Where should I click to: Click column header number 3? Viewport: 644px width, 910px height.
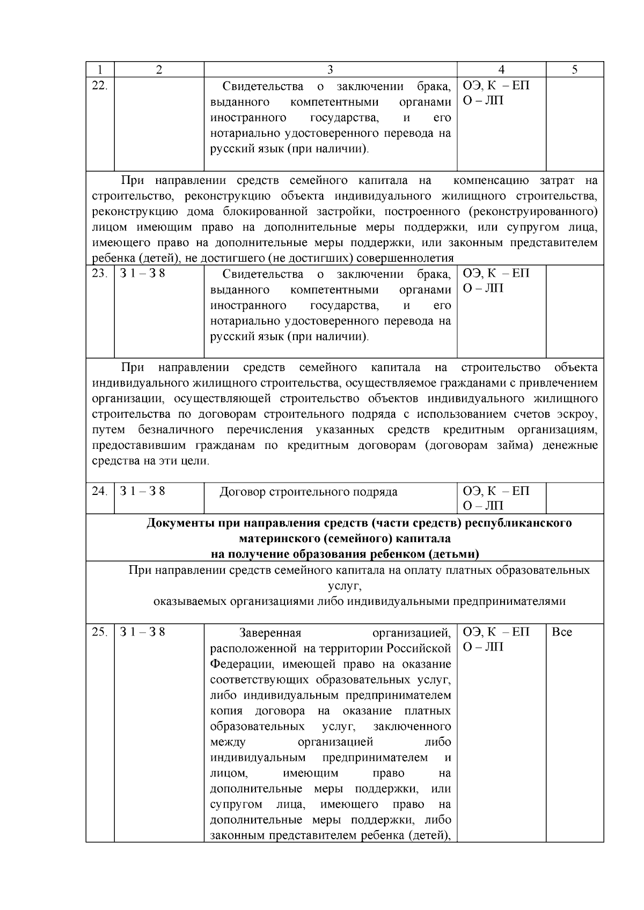(330, 70)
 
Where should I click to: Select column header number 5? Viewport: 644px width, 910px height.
(575, 70)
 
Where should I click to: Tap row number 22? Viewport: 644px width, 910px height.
(100, 86)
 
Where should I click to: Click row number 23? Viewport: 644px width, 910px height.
(100, 273)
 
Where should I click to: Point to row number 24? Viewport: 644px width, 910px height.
(100, 491)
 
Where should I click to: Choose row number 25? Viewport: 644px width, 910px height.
(100, 632)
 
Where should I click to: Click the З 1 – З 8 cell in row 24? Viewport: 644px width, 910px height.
(142, 491)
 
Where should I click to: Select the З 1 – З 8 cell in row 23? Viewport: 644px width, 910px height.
(142, 273)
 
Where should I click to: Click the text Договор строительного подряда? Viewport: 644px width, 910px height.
(309, 492)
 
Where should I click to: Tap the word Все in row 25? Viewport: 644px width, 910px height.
(562, 632)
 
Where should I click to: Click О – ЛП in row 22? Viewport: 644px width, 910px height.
(483, 101)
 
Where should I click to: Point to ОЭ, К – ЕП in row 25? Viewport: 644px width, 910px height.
(496, 632)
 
